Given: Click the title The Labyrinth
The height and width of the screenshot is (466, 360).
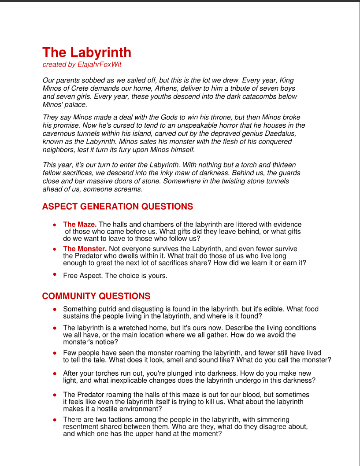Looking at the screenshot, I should (87, 52).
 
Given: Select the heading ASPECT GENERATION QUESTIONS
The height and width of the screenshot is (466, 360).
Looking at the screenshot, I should (118, 207).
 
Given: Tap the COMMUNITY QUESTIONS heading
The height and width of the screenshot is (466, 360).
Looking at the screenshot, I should (96, 296).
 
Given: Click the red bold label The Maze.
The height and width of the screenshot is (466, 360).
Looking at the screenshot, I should (80, 225).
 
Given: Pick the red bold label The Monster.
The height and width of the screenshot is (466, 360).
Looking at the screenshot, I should (85, 249).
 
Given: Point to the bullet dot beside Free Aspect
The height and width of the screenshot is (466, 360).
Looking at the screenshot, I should (55, 274).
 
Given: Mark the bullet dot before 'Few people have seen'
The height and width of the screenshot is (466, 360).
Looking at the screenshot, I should (55, 353).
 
